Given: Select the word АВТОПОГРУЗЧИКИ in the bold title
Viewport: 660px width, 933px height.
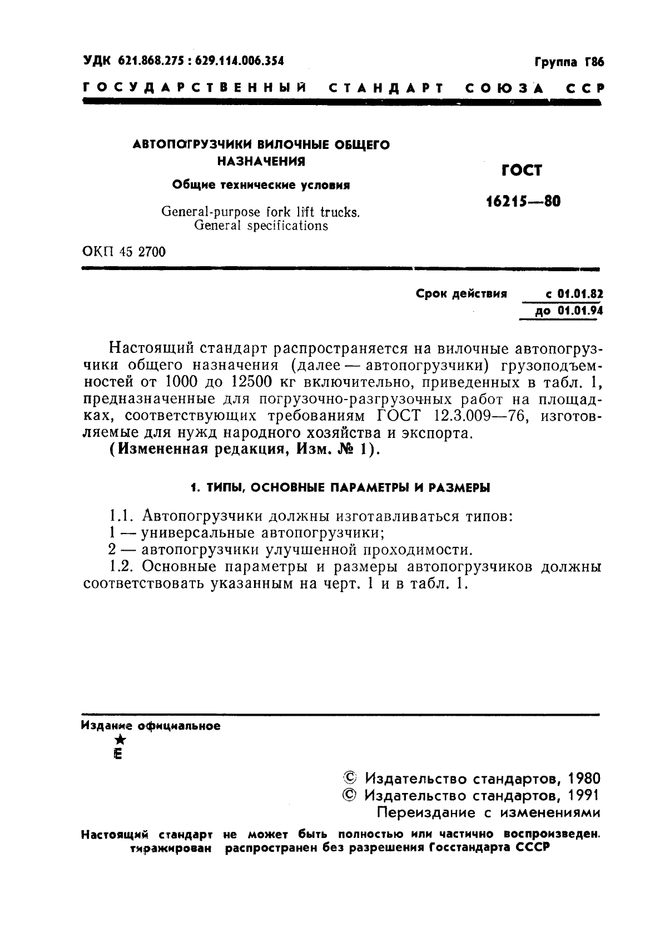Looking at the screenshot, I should tap(193, 145).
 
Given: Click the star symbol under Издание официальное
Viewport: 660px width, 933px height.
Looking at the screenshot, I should tap(119, 740).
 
